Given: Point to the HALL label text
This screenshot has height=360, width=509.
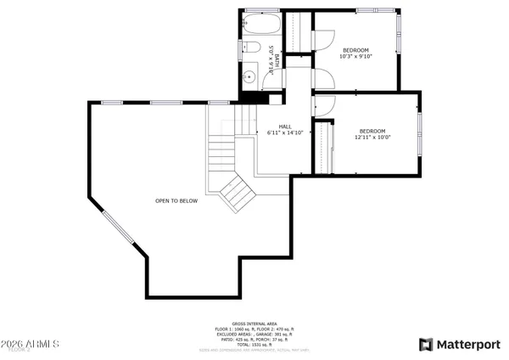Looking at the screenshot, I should click(285, 127).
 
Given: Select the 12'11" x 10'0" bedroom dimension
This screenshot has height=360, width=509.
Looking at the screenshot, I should click(372, 138).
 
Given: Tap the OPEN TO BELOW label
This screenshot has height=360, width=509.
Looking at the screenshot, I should click(176, 201).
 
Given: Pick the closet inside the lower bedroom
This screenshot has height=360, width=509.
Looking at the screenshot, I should click(322, 148).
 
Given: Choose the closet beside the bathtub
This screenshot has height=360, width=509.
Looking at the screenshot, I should click(297, 31).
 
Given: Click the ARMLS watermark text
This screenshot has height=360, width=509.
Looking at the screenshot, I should click(30, 345).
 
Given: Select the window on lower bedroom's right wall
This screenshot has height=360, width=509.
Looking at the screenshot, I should click(420, 132).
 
